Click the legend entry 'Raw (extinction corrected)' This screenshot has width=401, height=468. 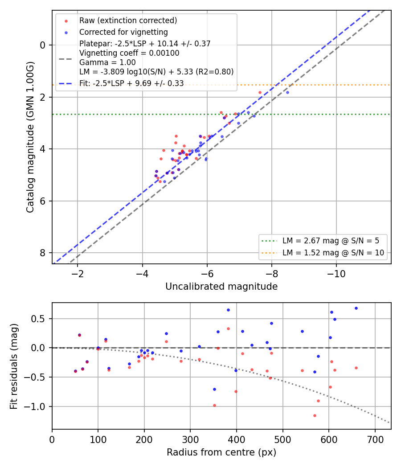click(x=128, y=21)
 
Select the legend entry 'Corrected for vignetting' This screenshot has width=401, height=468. click(x=123, y=32)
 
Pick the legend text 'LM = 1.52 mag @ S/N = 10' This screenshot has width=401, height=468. click(x=333, y=253)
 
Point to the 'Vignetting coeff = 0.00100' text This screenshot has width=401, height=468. click(x=129, y=53)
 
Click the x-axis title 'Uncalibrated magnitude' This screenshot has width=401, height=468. click(x=221, y=287)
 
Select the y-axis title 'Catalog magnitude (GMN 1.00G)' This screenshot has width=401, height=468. click(x=30, y=137)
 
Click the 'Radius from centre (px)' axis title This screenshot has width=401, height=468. click(x=221, y=452)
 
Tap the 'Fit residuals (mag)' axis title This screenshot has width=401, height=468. click(x=14, y=366)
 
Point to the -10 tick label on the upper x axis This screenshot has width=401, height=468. click(x=336, y=274)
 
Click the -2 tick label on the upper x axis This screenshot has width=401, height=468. click(x=78, y=274)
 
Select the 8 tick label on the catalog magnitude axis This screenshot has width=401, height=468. click(x=43, y=253)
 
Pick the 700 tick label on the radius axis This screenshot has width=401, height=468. click(x=375, y=439)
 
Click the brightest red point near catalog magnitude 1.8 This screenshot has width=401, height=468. click(x=260, y=93)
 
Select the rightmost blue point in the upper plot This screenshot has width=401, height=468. click(x=288, y=93)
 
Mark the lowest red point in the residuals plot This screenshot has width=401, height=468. click(x=315, y=415)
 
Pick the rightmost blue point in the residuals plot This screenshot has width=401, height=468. click(x=356, y=308)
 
